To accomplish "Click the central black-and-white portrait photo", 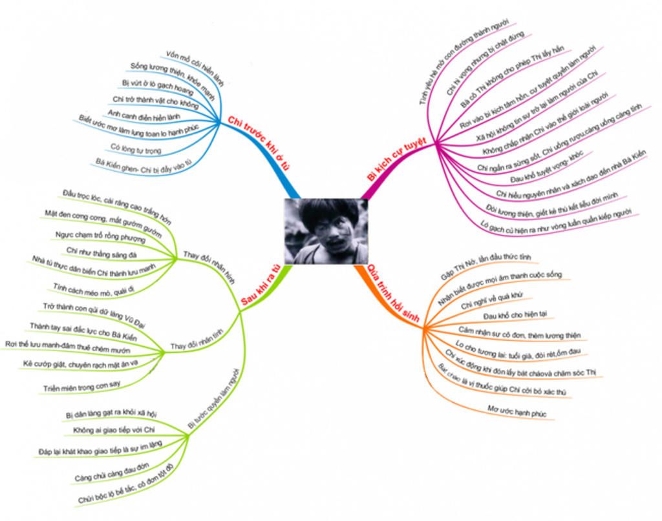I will (326, 231).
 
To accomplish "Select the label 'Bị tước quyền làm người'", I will (213, 398).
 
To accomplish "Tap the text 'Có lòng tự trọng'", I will (136, 149).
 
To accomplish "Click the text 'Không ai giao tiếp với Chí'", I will (114, 429).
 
